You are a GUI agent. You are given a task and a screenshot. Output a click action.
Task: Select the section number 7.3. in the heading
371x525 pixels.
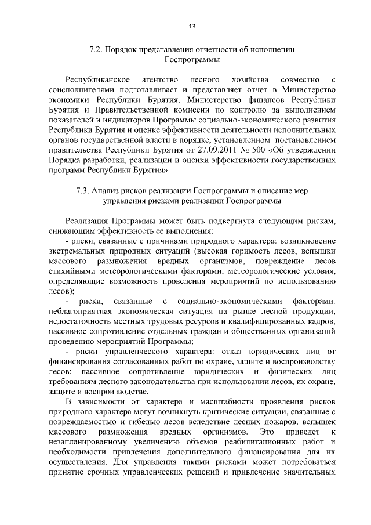[85, 190]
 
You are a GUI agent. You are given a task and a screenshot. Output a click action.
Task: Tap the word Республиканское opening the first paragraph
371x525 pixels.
[96, 78]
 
